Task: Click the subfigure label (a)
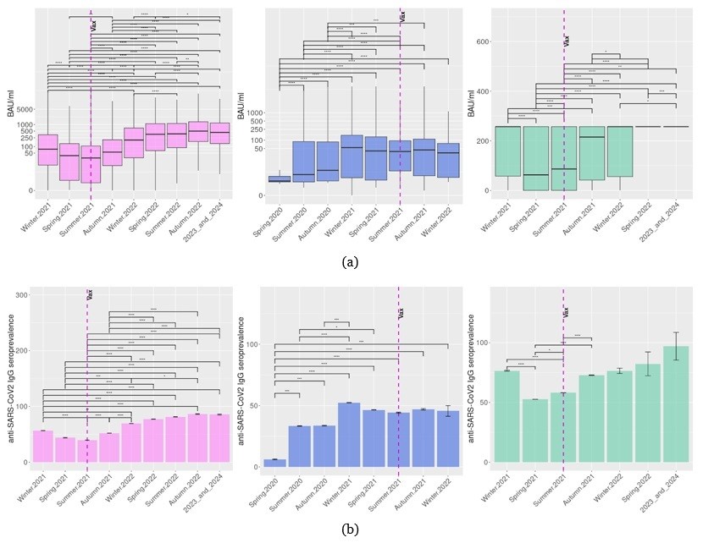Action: click(351, 262)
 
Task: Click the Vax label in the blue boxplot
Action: click(403, 16)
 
